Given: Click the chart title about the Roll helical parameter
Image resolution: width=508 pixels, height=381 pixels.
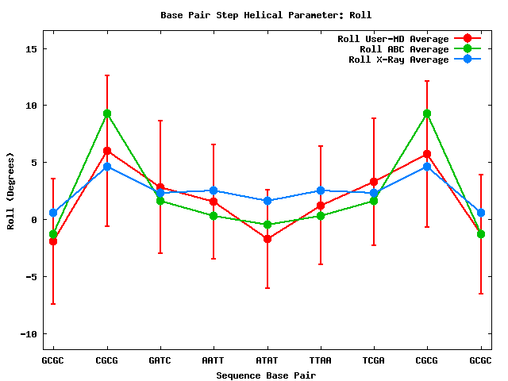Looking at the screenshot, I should [x=266, y=14].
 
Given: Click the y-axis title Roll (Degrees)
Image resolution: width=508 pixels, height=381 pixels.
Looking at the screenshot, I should [x=10, y=190].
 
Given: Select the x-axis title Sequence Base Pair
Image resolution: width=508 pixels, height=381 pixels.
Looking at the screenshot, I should [x=266, y=375].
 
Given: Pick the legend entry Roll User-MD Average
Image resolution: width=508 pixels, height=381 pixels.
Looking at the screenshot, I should [x=393, y=39].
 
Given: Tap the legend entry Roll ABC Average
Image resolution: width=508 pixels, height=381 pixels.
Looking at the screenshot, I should [x=398, y=49].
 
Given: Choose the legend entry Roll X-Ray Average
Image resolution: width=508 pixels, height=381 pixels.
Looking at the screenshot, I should [x=398, y=60].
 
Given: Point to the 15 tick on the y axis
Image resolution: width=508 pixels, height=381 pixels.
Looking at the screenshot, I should [x=32, y=48].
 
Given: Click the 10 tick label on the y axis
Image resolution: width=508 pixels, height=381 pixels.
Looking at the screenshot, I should [x=32, y=106].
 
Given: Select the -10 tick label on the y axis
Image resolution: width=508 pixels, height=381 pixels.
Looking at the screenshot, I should [x=29, y=334].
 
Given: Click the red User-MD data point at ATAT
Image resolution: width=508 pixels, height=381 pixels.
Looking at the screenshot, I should [x=267, y=239].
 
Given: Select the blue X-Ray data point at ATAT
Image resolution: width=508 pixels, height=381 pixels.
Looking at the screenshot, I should [x=267, y=201].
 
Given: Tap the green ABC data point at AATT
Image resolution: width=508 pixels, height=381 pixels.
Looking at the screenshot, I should [x=214, y=216].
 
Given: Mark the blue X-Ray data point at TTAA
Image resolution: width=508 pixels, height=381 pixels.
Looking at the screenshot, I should [x=320, y=190].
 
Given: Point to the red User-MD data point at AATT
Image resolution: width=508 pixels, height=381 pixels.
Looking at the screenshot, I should [x=214, y=202].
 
